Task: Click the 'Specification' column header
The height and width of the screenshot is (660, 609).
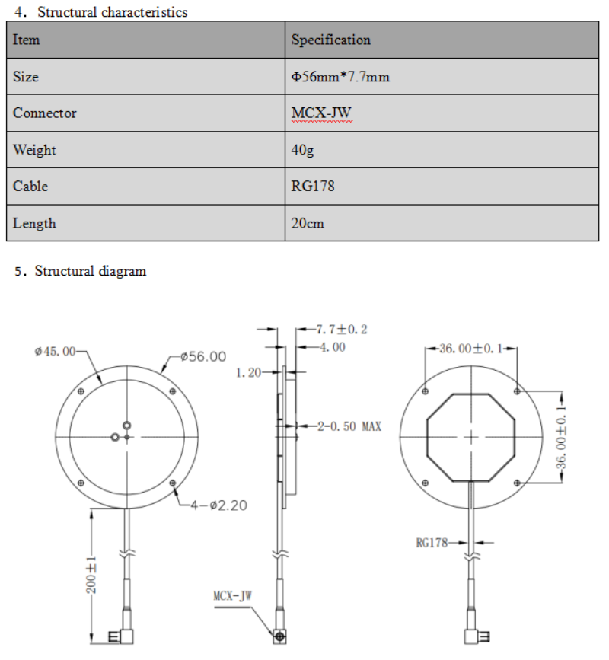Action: (x=331, y=40)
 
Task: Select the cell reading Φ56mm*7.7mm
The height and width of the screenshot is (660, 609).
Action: (x=341, y=77)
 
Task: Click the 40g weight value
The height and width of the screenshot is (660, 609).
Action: (x=302, y=150)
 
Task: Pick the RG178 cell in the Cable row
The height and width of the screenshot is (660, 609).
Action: (x=313, y=187)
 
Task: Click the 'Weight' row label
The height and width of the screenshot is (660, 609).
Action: (x=34, y=150)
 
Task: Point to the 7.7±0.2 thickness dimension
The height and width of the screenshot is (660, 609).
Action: (x=342, y=330)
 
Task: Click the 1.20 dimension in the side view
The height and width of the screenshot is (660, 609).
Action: (x=248, y=373)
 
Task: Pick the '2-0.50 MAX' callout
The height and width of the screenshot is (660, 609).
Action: (x=349, y=426)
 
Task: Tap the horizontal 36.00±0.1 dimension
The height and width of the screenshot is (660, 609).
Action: (x=471, y=349)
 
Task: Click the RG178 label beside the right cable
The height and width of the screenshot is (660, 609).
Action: (x=432, y=543)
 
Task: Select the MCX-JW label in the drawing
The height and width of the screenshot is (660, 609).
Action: (x=231, y=595)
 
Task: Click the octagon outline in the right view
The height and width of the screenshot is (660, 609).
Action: (x=428, y=438)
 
